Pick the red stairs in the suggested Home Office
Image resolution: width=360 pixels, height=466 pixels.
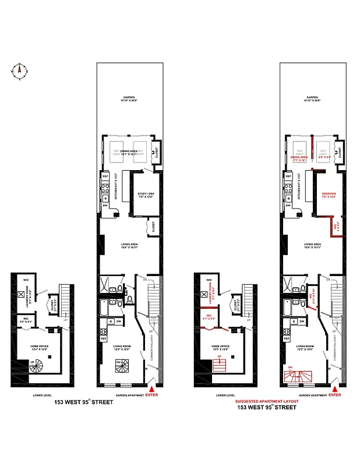click(219, 366)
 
